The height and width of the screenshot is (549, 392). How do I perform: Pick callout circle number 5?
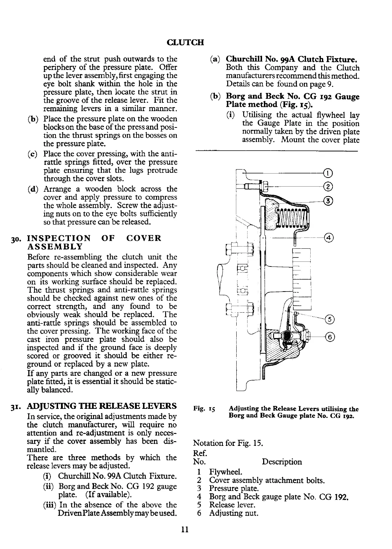[329, 320]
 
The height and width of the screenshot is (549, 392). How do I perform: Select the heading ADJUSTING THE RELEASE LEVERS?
[102, 406]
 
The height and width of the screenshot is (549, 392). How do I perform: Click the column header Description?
[282, 462]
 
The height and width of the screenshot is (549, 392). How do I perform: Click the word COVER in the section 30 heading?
[143, 238]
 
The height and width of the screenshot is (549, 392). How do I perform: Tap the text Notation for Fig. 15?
[228, 443]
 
